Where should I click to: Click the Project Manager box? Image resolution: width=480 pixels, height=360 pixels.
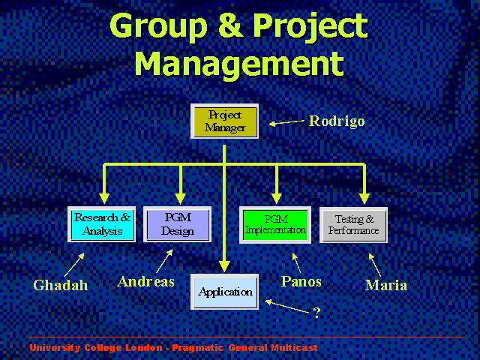click(x=224, y=121)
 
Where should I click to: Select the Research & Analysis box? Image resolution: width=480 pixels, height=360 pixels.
click(x=102, y=224)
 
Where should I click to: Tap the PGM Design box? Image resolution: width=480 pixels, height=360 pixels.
click(x=177, y=224)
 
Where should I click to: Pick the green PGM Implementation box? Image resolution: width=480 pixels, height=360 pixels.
click(x=275, y=225)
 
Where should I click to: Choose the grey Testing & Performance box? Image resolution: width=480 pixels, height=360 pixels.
click(x=353, y=225)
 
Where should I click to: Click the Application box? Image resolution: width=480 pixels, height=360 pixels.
click(x=224, y=292)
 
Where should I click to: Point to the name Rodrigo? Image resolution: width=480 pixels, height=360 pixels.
click(x=337, y=121)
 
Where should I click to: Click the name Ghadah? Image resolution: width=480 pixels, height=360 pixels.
click(x=61, y=285)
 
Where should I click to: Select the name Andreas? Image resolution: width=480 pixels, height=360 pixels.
click(x=145, y=282)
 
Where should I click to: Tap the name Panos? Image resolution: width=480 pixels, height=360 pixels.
click(x=301, y=282)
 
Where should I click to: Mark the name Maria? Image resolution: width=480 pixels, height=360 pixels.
click(x=386, y=285)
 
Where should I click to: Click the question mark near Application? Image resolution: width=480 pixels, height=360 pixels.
click(x=316, y=313)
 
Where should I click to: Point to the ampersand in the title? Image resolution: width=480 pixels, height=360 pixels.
click(x=231, y=25)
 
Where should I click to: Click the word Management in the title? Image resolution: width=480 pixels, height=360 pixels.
click(x=239, y=63)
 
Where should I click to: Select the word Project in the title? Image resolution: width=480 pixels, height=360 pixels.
click(x=310, y=28)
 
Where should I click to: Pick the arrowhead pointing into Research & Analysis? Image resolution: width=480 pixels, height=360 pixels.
click(x=104, y=199)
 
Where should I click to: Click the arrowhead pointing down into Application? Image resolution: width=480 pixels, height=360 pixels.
click(x=224, y=266)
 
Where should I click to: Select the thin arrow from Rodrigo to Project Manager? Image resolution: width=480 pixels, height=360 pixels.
click(x=286, y=123)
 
